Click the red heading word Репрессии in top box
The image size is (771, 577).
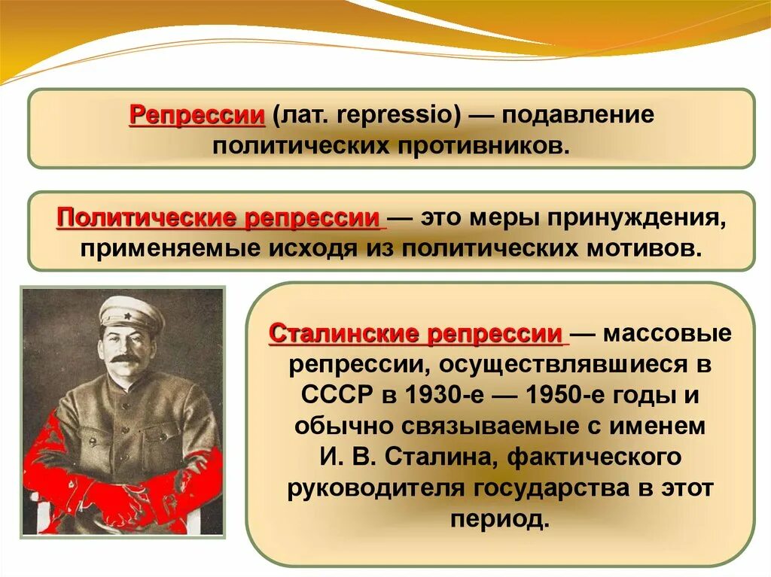(197, 117)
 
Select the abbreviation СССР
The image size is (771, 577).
(335, 396)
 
